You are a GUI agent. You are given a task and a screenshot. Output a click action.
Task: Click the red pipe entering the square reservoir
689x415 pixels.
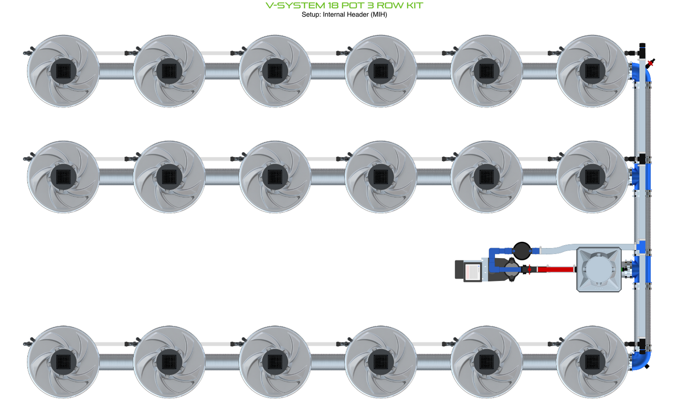(x=555, y=270)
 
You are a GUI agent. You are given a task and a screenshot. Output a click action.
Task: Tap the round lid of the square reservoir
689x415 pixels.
(x=599, y=269)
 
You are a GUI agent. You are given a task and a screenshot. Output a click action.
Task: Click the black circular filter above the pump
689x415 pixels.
(x=522, y=250)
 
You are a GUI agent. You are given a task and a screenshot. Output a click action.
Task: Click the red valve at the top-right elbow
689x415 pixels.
(x=651, y=62)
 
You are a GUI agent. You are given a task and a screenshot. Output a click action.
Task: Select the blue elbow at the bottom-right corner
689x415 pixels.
(x=642, y=360)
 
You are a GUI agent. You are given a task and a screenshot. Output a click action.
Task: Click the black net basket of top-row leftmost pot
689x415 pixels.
(x=63, y=71)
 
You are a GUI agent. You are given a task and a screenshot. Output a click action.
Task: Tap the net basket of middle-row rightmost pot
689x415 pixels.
(x=592, y=177)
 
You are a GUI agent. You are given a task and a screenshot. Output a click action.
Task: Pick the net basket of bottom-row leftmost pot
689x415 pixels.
(x=63, y=362)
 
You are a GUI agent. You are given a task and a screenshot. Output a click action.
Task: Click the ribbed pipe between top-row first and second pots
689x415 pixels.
(x=116, y=71)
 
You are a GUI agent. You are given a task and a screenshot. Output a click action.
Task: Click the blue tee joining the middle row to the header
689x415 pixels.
(x=641, y=176)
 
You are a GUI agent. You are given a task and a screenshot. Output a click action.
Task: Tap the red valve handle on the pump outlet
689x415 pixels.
(x=529, y=270)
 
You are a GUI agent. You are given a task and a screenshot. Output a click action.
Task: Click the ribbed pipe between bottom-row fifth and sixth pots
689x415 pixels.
(x=539, y=362)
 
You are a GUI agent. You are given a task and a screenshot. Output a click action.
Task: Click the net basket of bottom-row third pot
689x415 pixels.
(x=275, y=362)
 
